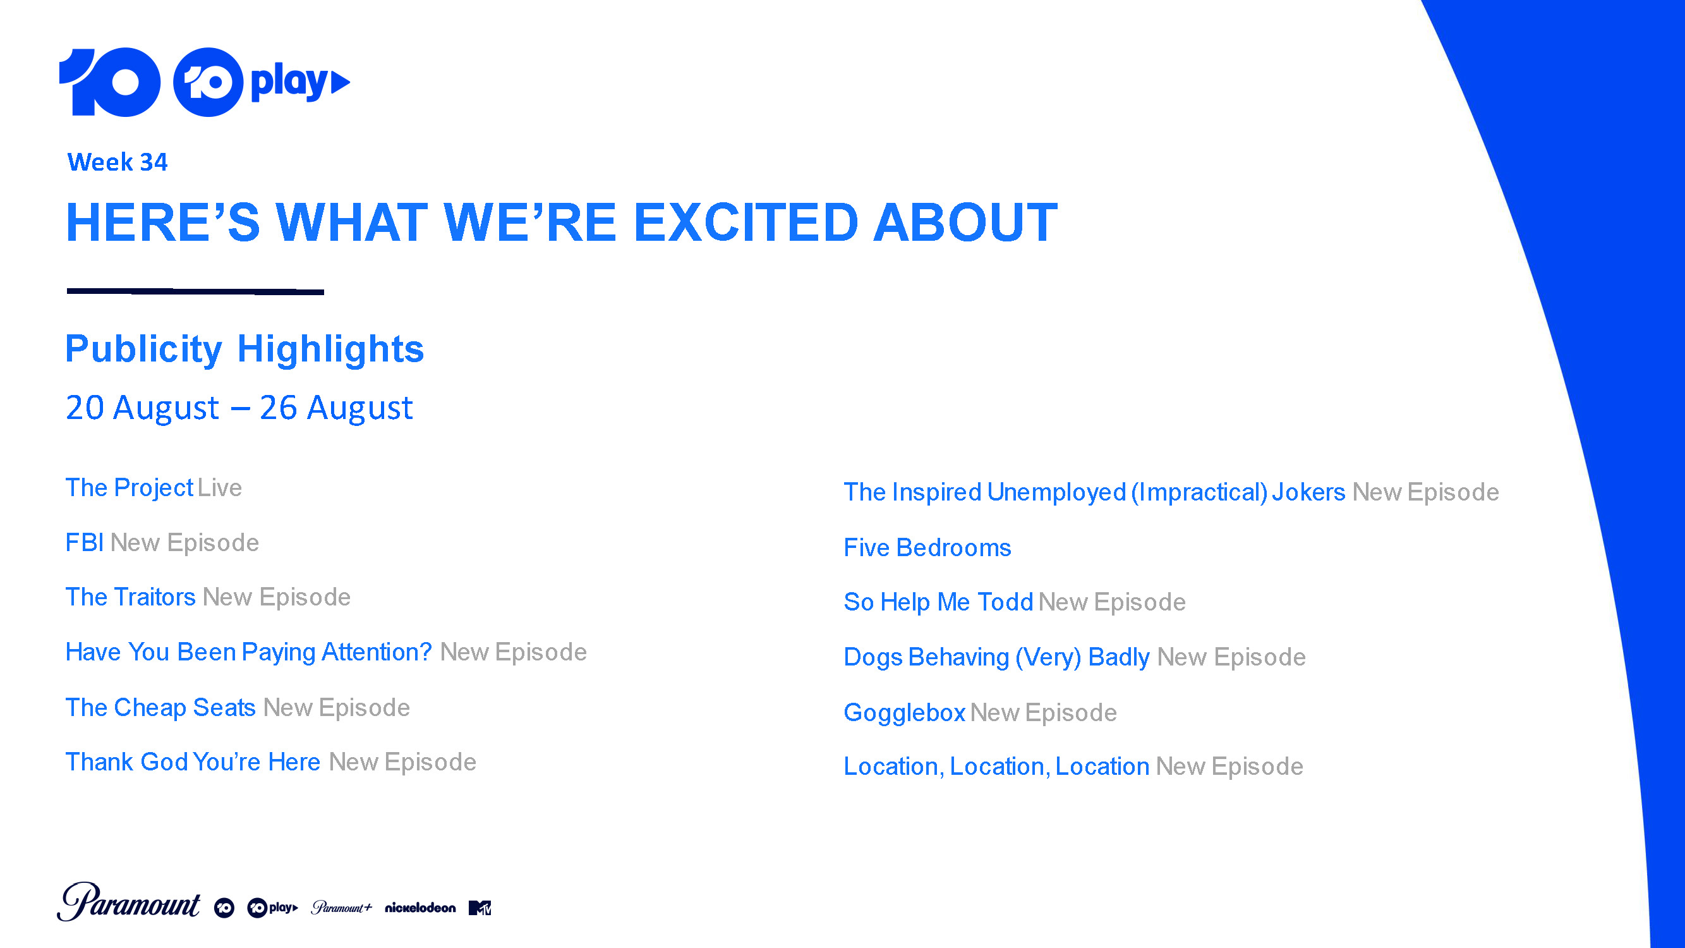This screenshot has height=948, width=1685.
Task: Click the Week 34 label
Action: click(117, 162)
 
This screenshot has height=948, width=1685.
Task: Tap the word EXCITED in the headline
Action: click(746, 222)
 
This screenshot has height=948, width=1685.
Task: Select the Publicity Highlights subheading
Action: click(245, 349)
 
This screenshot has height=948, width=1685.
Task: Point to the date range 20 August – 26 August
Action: click(239, 408)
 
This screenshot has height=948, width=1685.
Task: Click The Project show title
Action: click(130, 488)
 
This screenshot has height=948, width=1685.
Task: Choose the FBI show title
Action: click(85, 543)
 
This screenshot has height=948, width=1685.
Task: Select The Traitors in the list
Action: click(131, 597)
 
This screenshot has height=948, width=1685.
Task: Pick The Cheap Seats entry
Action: click(160, 708)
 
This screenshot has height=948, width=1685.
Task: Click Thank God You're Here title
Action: click(193, 762)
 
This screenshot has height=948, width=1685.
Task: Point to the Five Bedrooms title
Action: click(927, 547)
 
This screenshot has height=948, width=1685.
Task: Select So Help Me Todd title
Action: click(939, 602)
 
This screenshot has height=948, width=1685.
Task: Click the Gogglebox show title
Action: click(905, 713)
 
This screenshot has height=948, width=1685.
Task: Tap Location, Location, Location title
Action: click(996, 767)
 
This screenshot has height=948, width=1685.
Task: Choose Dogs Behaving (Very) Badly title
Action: click(996, 657)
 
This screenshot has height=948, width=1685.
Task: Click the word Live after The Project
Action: click(220, 488)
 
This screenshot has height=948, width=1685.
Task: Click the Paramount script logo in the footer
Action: click(129, 902)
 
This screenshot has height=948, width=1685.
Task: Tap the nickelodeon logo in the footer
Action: click(420, 908)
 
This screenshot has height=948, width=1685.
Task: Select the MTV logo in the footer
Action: click(480, 908)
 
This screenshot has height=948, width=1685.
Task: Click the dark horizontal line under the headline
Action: click(196, 291)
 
